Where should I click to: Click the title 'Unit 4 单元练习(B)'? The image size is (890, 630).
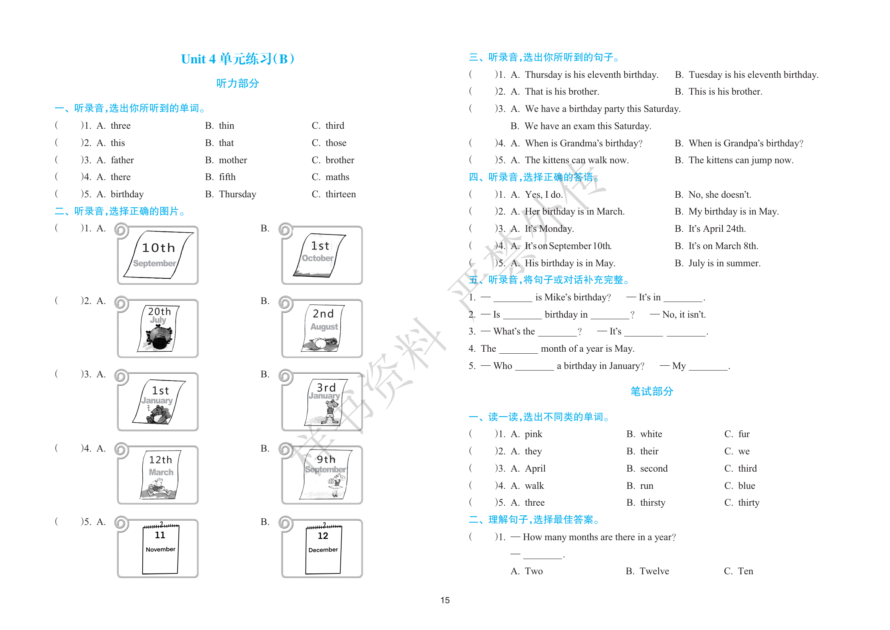click(x=238, y=59)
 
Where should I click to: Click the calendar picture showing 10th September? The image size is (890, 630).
click(x=158, y=255)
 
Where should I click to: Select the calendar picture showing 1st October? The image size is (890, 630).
click(x=322, y=255)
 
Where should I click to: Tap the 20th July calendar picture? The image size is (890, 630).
click(x=158, y=328)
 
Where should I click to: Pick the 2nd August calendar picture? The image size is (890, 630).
click(x=322, y=328)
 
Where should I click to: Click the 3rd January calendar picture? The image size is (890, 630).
click(x=322, y=401)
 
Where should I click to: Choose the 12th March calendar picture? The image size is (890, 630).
click(x=158, y=475)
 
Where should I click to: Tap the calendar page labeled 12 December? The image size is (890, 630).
click(x=323, y=548)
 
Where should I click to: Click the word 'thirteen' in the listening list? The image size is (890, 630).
click(x=340, y=194)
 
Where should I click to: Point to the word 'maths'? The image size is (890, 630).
click(x=337, y=177)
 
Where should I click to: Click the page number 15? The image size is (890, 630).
click(x=445, y=600)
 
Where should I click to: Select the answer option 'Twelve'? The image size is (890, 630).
click(x=654, y=571)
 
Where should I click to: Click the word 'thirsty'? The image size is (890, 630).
click(x=653, y=503)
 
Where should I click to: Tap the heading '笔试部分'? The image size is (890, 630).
click(x=651, y=391)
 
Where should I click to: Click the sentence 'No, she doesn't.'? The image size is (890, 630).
click(x=720, y=195)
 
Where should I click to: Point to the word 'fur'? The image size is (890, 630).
click(x=744, y=434)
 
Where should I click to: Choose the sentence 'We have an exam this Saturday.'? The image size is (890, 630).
click(x=588, y=126)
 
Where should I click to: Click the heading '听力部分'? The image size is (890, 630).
click(x=238, y=83)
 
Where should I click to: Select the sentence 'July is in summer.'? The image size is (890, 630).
click(x=724, y=263)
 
